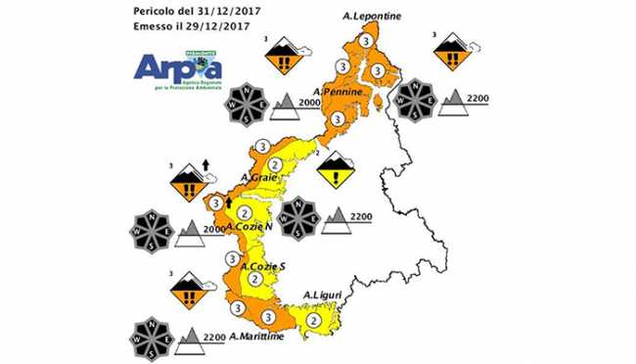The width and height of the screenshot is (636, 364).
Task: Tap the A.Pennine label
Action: [x=341, y=92]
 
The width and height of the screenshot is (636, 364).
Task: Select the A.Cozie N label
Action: [x=249, y=228]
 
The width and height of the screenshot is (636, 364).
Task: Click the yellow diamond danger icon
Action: [x=337, y=170]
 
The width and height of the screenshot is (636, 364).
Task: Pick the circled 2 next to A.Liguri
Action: [x=314, y=319]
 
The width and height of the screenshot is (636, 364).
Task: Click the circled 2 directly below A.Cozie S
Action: [x=255, y=280]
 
